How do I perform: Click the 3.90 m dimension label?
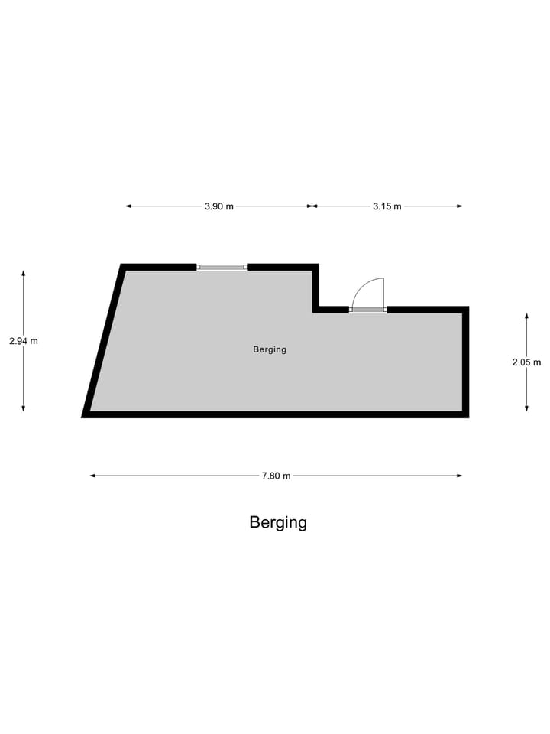pyautogui.click(x=219, y=206)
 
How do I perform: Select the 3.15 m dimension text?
pyautogui.click(x=387, y=206)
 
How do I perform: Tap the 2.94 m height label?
pyautogui.click(x=24, y=341)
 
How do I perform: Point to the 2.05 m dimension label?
pyautogui.click(x=526, y=362)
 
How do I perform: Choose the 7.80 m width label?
pyautogui.click(x=276, y=476)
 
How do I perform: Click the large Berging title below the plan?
pyautogui.click(x=278, y=523)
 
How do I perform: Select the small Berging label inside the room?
pyautogui.click(x=270, y=349)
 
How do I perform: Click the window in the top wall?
pyautogui.click(x=222, y=268)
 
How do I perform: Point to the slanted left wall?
pyautogui.click(x=103, y=341)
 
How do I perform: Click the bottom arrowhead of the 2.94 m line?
pyautogui.click(x=24, y=408)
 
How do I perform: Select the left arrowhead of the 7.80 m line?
pyautogui.click(x=93, y=476)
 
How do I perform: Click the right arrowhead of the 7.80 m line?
pyautogui.click(x=459, y=476)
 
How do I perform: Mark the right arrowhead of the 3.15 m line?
pyautogui.click(x=459, y=206)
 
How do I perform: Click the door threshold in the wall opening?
pyautogui.click(x=368, y=310)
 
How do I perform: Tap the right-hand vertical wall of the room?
pyautogui.click(x=466, y=362)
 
